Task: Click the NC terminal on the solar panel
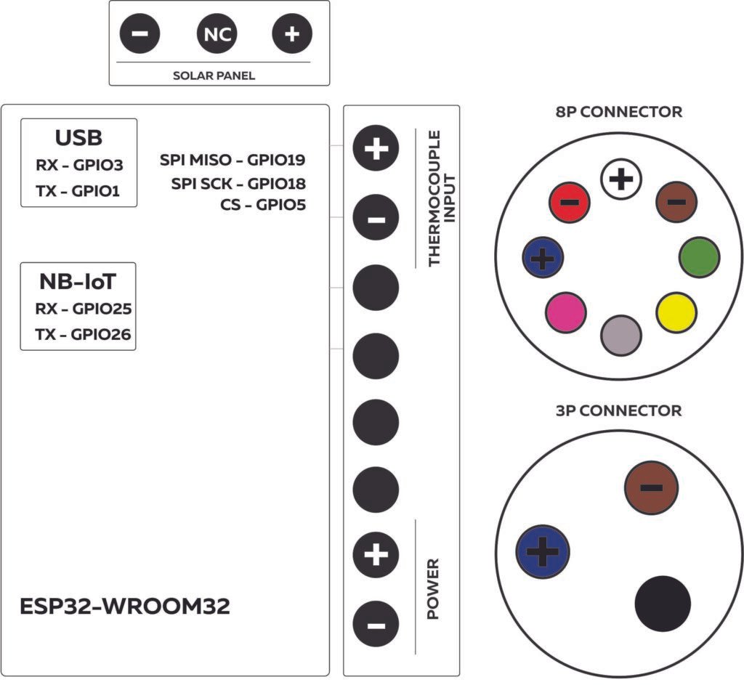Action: (x=217, y=34)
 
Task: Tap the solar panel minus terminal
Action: (x=140, y=34)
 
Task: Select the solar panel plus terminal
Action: (x=291, y=34)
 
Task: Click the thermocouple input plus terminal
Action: (x=376, y=149)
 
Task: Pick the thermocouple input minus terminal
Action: (x=376, y=219)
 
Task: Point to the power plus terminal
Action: (x=376, y=556)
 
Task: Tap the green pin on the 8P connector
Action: (x=700, y=256)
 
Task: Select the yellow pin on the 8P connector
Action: (x=676, y=312)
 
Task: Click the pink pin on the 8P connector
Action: (x=565, y=312)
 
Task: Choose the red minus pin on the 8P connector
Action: (x=570, y=201)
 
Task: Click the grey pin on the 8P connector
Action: (x=621, y=335)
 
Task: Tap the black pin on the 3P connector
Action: (x=663, y=604)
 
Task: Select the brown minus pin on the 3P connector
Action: (x=651, y=488)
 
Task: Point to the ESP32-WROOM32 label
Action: (x=125, y=607)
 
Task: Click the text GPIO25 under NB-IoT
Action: (x=102, y=309)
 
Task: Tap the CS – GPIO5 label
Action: (x=262, y=205)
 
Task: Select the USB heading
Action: (x=78, y=138)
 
